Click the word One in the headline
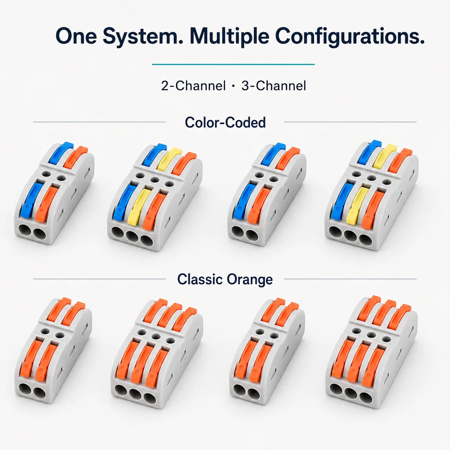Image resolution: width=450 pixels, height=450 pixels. [x=76, y=36]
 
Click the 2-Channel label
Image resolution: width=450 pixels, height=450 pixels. [x=193, y=86]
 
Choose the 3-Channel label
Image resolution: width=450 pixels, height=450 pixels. [x=274, y=86]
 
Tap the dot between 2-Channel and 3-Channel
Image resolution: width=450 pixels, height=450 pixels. [x=234, y=86]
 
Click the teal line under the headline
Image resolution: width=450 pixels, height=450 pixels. [x=233, y=64]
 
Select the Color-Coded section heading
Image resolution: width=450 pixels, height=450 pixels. [x=225, y=122]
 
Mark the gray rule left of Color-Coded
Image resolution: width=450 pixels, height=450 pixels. [x=99, y=122]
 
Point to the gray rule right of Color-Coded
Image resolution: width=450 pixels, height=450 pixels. [x=350, y=122]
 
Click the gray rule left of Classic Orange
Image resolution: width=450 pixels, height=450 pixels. [x=99, y=279]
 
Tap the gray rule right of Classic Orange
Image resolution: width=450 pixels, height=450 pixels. [x=350, y=279]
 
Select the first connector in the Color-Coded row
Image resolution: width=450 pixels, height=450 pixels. [x=54, y=193]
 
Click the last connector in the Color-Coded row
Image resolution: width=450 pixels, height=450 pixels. [x=371, y=195]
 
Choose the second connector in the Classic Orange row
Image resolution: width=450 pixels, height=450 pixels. [x=157, y=353]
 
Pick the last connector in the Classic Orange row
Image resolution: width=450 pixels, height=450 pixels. [x=371, y=352]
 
